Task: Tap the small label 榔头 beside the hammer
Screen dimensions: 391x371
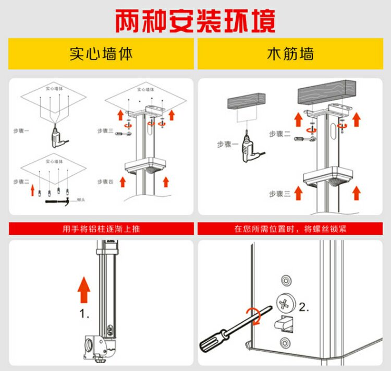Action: coord(81,199)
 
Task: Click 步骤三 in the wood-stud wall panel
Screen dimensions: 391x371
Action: coord(279,194)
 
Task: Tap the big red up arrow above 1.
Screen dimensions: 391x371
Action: coord(83,290)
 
